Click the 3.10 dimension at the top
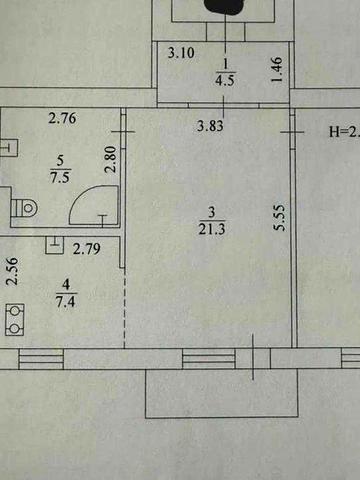click(181, 53)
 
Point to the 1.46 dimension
click(276, 71)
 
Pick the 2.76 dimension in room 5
click(64, 120)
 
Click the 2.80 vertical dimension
click(112, 159)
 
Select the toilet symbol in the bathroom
click(24, 208)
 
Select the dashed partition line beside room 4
click(123, 305)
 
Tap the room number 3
click(209, 210)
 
